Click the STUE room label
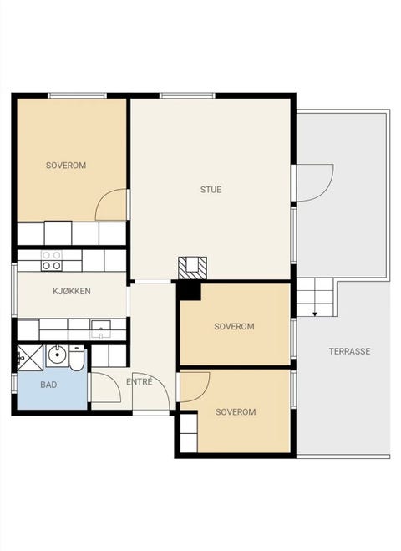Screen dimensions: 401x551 pyautogui.click(x=211, y=190)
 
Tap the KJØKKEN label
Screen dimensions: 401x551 pyautogui.click(x=72, y=291)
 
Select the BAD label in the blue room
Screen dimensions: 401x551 pyautogui.click(x=48, y=385)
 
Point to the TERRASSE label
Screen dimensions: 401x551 pyautogui.click(x=349, y=351)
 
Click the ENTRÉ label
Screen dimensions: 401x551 pyautogui.click(x=140, y=381)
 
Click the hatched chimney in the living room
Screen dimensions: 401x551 pyautogui.click(x=192, y=268)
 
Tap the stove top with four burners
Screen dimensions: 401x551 pyautogui.click(x=52, y=260)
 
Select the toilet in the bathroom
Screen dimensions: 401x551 pyautogui.click(x=77, y=358)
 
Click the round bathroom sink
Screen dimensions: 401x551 pyautogui.click(x=56, y=355)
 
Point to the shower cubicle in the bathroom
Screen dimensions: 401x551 pyautogui.click(x=30, y=358)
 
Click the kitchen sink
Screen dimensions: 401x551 pyautogui.click(x=101, y=329)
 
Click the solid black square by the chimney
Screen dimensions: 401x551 pyautogui.click(x=189, y=291)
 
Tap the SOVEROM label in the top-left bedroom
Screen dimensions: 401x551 pyautogui.click(x=66, y=166)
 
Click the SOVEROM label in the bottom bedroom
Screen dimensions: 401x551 pyautogui.click(x=236, y=412)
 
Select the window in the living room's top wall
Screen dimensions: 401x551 pyautogui.click(x=187, y=95)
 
